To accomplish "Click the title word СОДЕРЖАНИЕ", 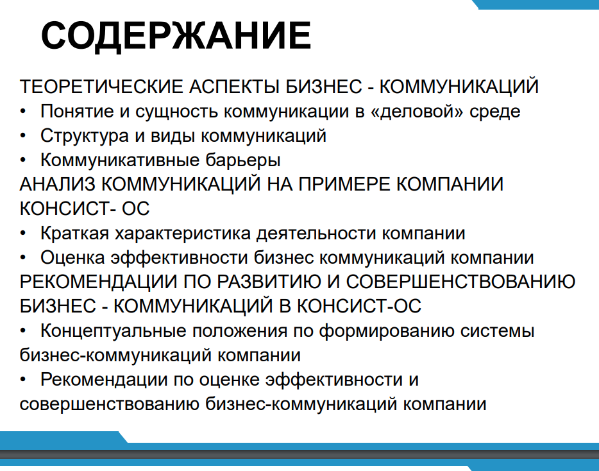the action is [176, 35].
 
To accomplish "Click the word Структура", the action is [85, 136].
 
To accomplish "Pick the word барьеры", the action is [243, 160].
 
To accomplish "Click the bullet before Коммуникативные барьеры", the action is [23, 160].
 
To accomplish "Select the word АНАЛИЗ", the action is [57, 184].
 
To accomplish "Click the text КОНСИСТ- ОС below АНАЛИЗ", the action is [85, 209].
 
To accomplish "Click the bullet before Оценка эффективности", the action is [23, 258].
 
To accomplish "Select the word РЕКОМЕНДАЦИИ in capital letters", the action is [99, 282].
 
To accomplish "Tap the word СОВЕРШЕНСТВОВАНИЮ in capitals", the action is [460, 282].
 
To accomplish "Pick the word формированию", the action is [387, 330].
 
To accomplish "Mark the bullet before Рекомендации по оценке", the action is [23, 380].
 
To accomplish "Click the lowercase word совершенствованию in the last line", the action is [109, 404].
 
